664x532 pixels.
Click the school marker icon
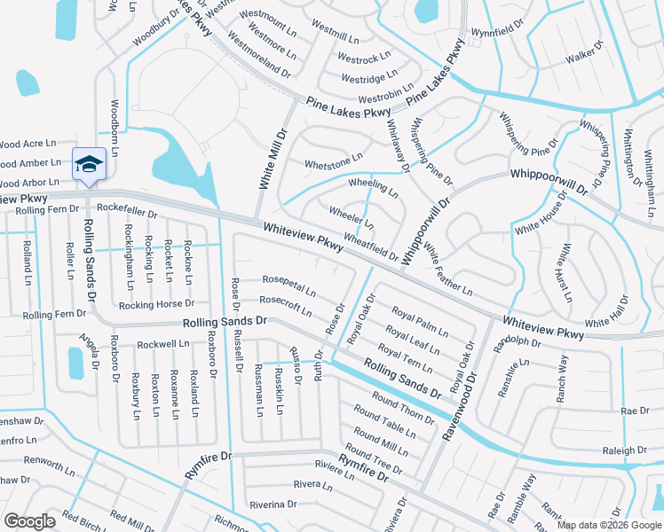(x=89, y=164)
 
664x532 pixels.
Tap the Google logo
(x=30, y=521)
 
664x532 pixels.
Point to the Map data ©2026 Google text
(x=608, y=525)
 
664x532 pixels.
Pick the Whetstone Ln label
(x=334, y=160)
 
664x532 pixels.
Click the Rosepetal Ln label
(x=289, y=285)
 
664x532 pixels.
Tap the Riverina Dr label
(x=273, y=504)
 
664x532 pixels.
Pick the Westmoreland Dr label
(x=259, y=53)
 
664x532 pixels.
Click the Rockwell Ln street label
(x=162, y=343)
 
